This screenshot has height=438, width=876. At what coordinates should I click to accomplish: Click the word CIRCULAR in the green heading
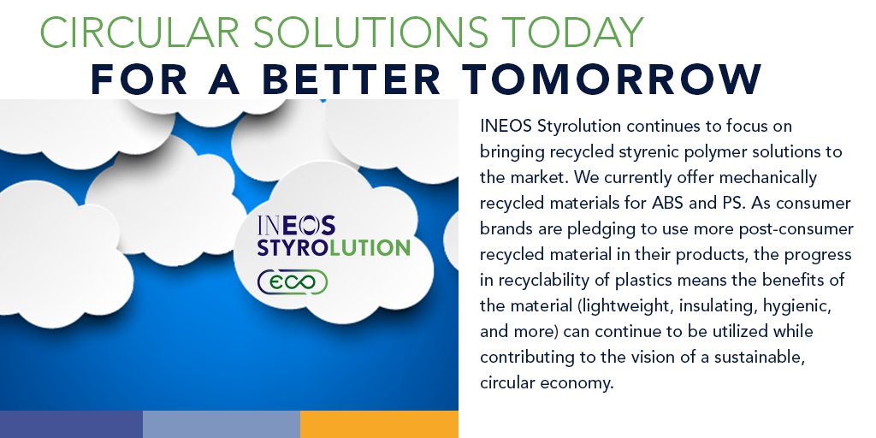139,33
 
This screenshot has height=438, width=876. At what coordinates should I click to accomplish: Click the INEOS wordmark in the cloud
296,225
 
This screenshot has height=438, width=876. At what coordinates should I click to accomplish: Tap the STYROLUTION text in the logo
334,248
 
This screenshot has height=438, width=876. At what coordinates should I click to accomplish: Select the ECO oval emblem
293,281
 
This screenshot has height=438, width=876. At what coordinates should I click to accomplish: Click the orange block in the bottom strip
379,424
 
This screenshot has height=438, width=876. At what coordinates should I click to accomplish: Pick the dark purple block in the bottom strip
72,424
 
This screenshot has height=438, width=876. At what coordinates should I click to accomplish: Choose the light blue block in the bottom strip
222,424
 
